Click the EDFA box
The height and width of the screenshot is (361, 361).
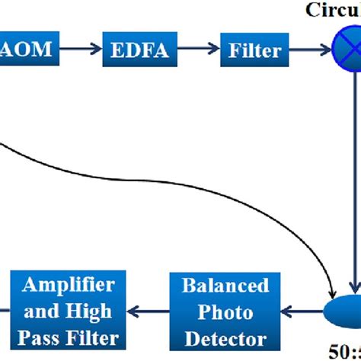click(x=141, y=52)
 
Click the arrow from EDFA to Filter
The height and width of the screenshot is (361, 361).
click(x=198, y=52)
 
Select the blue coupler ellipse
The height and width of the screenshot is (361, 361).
click(x=343, y=312)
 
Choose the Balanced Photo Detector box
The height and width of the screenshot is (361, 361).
click(x=225, y=312)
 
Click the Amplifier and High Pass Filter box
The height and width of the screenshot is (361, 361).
click(x=69, y=312)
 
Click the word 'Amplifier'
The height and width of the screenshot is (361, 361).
click(x=69, y=286)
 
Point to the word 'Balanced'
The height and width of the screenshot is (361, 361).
click(x=225, y=286)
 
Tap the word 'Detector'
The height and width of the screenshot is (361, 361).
click(x=225, y=339)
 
